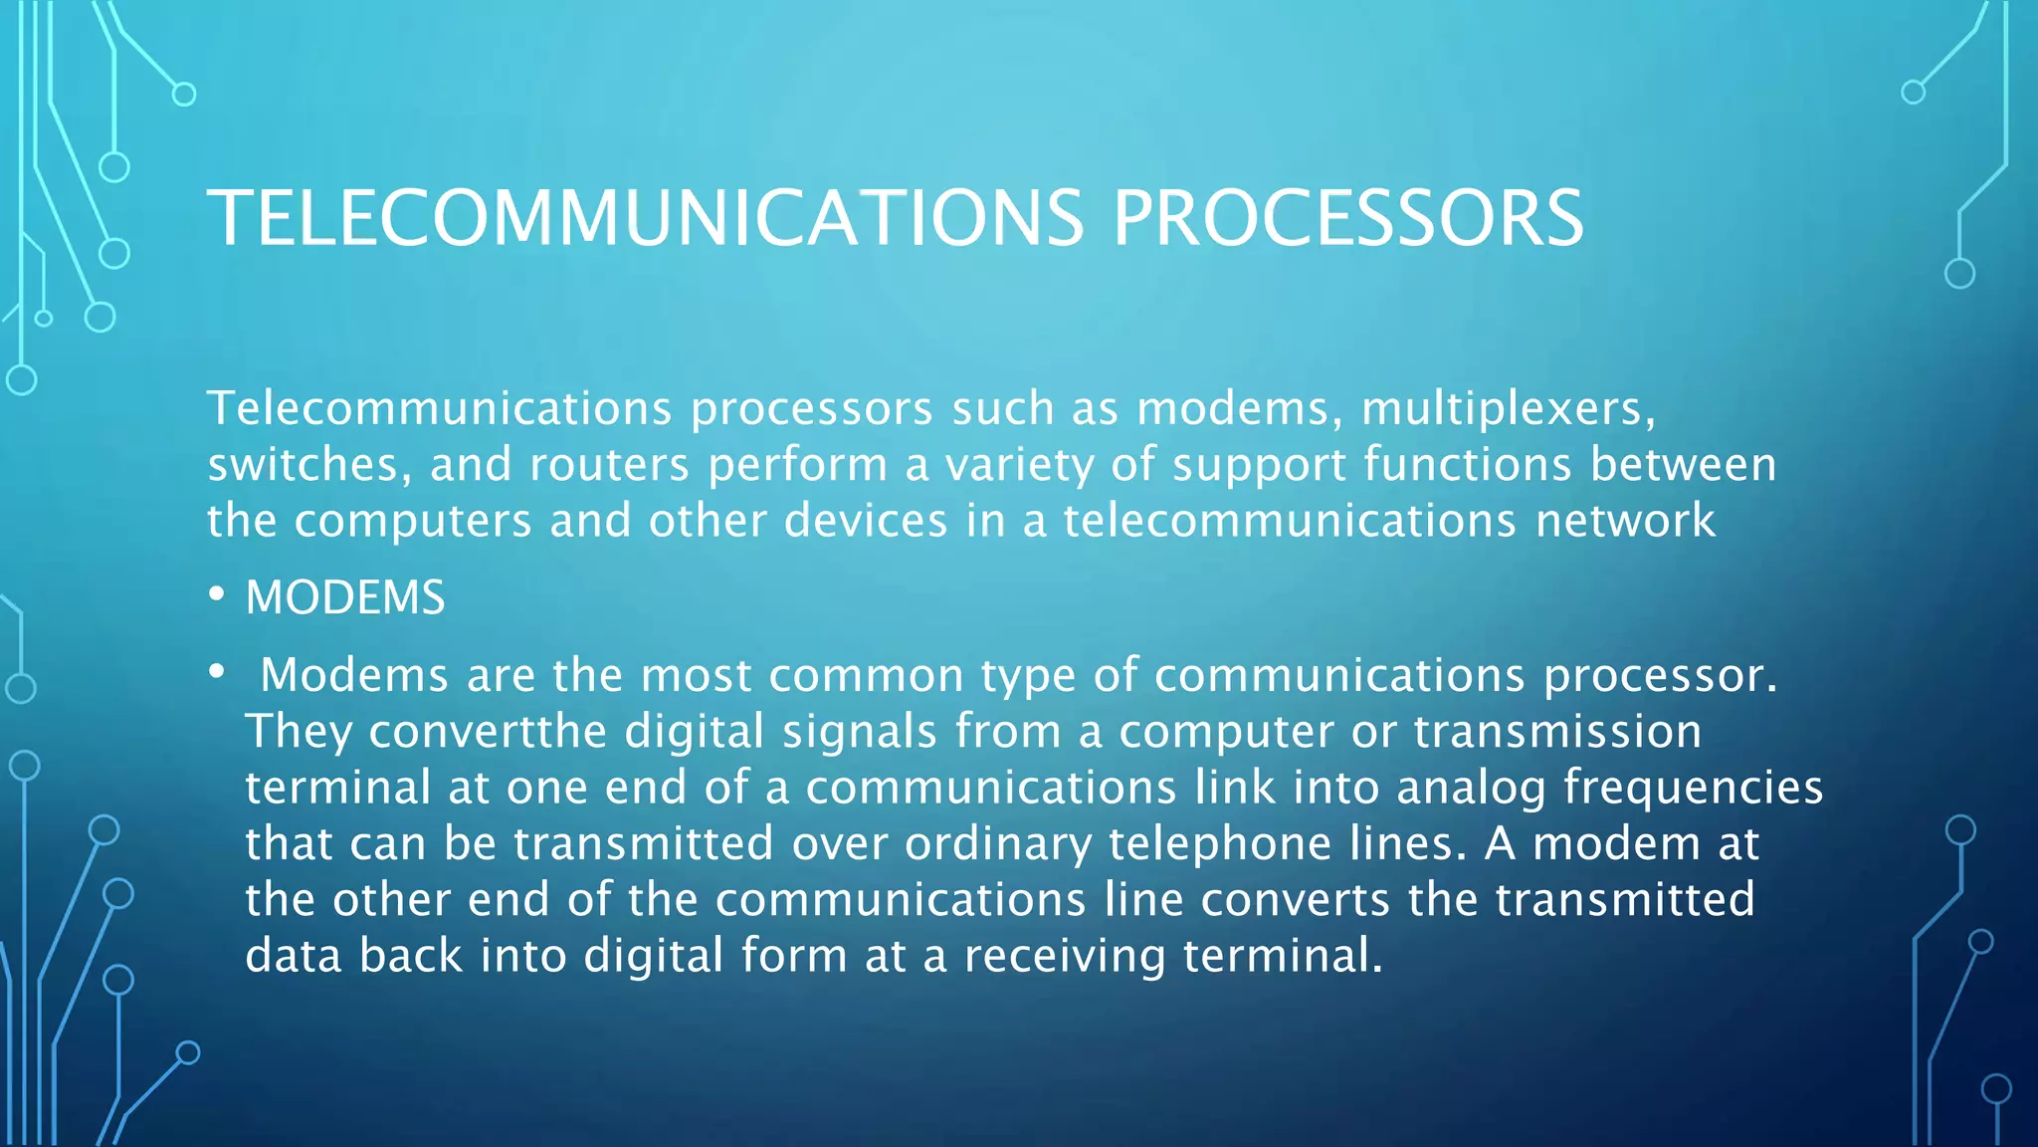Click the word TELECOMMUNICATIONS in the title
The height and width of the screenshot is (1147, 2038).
click(x=645, y=218)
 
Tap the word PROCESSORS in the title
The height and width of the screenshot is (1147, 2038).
click(x=1347, y=218)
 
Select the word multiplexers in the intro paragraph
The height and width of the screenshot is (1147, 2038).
click(x=1508, y=409)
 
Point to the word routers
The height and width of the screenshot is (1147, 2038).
click(x=609, y=465)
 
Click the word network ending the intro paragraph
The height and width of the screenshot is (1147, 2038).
click(x=1625, y=521)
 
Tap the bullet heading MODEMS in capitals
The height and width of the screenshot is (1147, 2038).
click(x=345, y=597)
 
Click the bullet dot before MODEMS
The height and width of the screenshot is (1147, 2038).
click(x=217, y=594)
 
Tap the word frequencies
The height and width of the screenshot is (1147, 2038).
click(x=1693, y=788)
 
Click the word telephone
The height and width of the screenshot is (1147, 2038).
click(x=1220, y=843)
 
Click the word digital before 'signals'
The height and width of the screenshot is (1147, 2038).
click(x=694, y=732)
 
